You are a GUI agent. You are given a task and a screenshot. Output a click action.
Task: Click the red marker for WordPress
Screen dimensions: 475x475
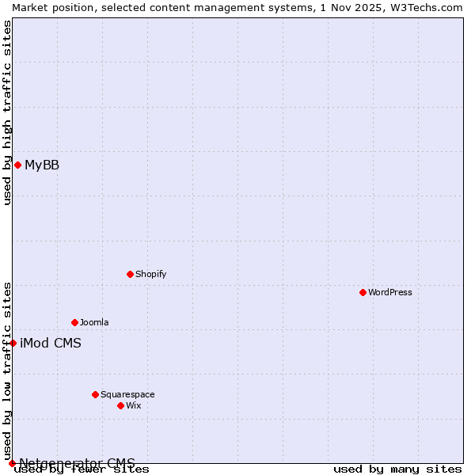tap(363, 292)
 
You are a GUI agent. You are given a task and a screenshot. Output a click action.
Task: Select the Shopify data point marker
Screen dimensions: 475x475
tap(130, 274)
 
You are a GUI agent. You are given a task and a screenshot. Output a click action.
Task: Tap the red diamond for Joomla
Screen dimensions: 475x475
tap(74, 322)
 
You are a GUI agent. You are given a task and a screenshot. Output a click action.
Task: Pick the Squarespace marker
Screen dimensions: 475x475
tap(95, 394)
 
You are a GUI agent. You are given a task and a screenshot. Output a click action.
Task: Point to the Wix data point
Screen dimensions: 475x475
tap(120, 405)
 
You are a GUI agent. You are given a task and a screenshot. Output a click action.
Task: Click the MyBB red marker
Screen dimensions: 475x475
tap(17, 165)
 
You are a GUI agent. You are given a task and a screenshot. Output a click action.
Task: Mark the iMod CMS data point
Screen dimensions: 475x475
tap(13, 343)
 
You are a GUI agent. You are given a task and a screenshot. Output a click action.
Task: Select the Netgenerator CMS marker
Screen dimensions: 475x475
tap(12, 463)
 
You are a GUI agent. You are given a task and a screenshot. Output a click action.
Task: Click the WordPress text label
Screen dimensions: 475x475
tap(390, 292)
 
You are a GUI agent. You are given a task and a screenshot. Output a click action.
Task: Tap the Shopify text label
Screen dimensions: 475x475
tap(151, 274)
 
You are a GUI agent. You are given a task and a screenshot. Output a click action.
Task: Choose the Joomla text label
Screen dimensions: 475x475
tap(94, 322)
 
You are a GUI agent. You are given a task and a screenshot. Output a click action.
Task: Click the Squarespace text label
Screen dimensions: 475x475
tap(127, 394)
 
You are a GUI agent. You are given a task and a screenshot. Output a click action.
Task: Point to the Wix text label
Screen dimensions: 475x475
tap(134, 405)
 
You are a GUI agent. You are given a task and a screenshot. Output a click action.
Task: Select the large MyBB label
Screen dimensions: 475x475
tap(42, 165)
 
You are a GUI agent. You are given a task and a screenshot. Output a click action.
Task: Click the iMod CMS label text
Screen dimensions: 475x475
tap(51, 343)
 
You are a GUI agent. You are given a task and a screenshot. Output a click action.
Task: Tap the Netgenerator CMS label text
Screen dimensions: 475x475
tap(77, 463)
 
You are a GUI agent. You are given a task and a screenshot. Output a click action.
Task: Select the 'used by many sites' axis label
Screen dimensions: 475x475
tap(397, 469)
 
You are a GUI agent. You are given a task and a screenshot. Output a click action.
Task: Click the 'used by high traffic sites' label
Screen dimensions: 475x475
tap(7, 112)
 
